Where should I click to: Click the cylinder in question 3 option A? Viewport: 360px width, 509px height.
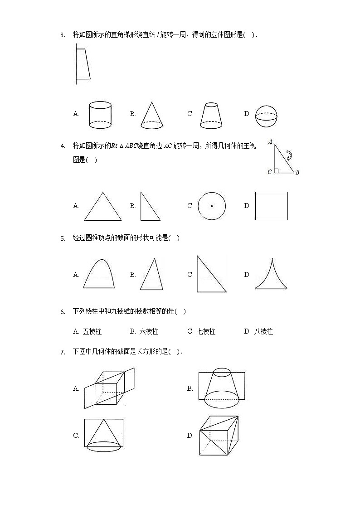pyautogui.click(x=100, y=115)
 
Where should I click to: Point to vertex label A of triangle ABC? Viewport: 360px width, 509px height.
pyautogui.click(x=271, y=142)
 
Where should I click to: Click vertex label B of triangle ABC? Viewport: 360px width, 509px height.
pyautogui.click(x=297, y=172)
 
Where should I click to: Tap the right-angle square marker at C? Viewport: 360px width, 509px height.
pyautogui.click(x=277, y=170)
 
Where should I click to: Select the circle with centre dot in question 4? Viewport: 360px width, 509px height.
pyautogui.click(x=211, y=206)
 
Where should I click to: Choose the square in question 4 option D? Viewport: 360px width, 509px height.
pyautogui.click(x=271, y=206)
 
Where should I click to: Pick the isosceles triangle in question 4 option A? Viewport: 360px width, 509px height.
pyautogui.click(x=102, y=207)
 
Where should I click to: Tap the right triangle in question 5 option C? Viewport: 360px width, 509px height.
pyautogui.click(x=209, y=276)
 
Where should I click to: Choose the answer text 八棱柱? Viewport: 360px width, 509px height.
pyautogui.click(x=263, y=331)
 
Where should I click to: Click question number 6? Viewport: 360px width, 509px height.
pyautogui.click(x=63, y=312)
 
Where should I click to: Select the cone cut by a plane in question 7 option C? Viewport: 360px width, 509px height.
pyautogui.click(x=104, y=436)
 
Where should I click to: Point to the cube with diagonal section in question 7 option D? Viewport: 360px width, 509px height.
pyautogui.click(x=219, y=436)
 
